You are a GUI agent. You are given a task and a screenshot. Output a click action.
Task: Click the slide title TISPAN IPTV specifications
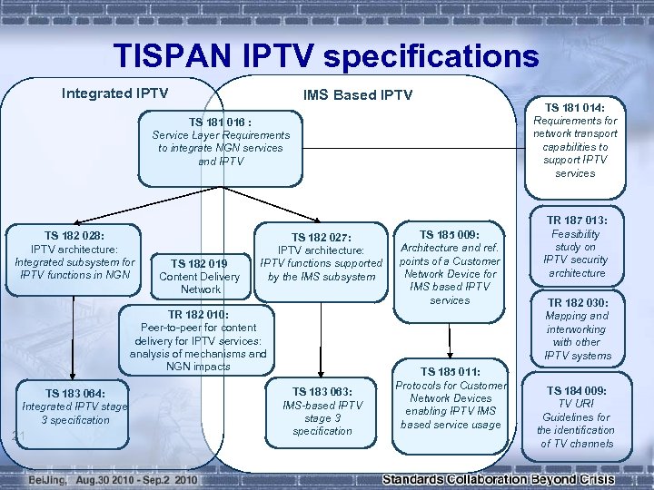point(326,56)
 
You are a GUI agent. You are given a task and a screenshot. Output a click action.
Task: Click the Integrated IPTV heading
point(114,93)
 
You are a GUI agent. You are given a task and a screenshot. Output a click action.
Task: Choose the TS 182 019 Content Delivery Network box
point(200,276)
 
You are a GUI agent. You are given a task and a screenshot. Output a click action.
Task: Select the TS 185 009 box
point(450,267)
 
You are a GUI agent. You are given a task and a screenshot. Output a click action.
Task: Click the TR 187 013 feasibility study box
point(576,246)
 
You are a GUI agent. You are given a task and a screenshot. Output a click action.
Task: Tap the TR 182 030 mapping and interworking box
point(578,328)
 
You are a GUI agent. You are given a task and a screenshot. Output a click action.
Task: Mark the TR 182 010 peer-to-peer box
point(198,340)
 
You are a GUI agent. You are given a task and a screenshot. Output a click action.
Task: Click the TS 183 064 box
point(74,407)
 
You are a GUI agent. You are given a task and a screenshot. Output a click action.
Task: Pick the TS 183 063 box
point(322,411)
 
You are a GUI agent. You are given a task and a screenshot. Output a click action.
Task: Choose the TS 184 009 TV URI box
point(576,417)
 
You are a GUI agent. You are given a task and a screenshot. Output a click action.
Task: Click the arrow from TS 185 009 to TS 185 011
point(448,342)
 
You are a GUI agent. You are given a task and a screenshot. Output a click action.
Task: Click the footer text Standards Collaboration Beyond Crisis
point(498,479)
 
